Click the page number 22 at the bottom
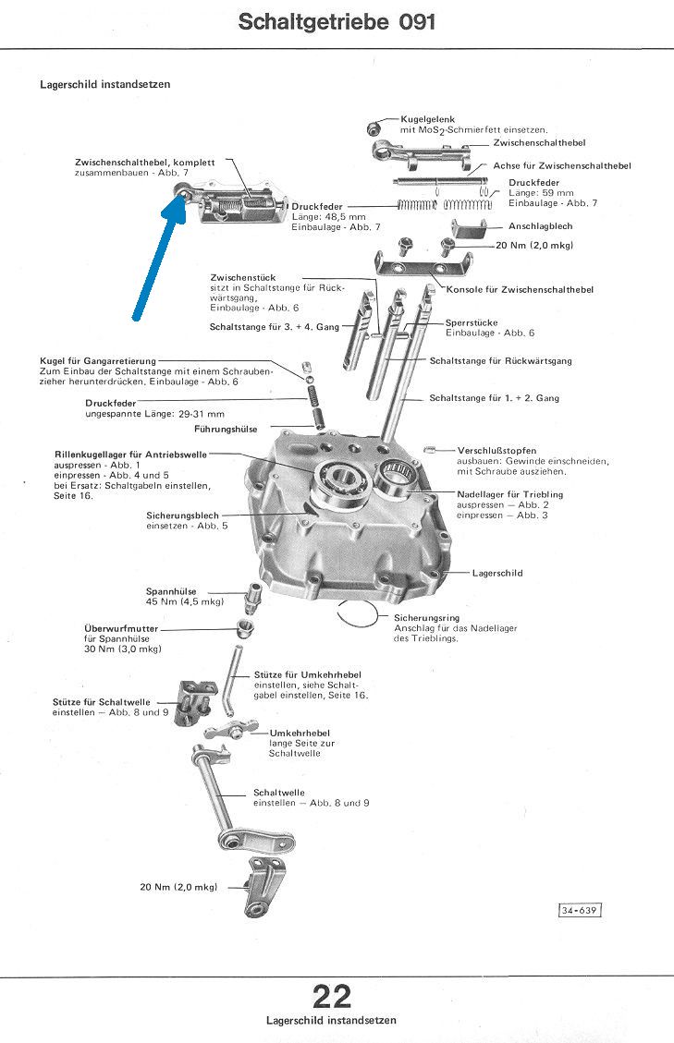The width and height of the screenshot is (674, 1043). pyautogui.click(x=332, y=997)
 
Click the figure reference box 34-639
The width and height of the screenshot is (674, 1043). pyautogui.click(x=580, y=911)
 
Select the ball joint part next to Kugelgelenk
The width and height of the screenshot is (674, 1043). pyautogui.click(x=374, y=127)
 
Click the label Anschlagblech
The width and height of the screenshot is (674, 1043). pyautogui.click(x=540, y=226)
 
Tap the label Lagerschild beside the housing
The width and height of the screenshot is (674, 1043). pyautogui.click(x=497, y=573)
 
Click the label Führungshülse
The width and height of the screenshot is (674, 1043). pyautogui.click(x=226, y=429)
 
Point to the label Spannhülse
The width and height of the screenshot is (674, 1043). pyautogui.click(x=171, y=591)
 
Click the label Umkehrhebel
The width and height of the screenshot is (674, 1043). pyautogui.click(x=300, y=733)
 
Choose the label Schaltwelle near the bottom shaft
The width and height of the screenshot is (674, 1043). pyautogui.click(x=279, y=793)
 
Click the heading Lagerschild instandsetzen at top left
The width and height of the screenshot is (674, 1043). pyautogui.click(x=104, y=84)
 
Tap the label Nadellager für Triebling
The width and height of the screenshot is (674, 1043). pyautogui.click(x=509, y=494)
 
